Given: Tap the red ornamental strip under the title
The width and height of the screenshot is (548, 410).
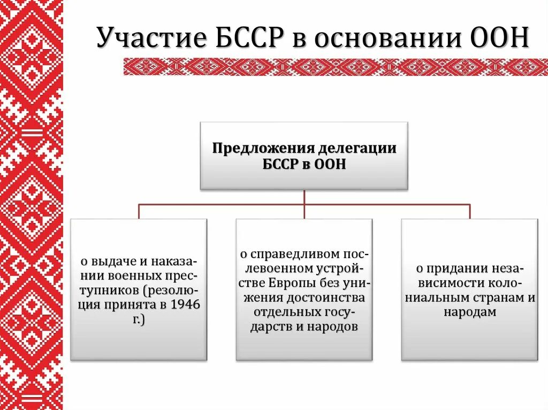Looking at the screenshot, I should (x=336, y=66).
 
